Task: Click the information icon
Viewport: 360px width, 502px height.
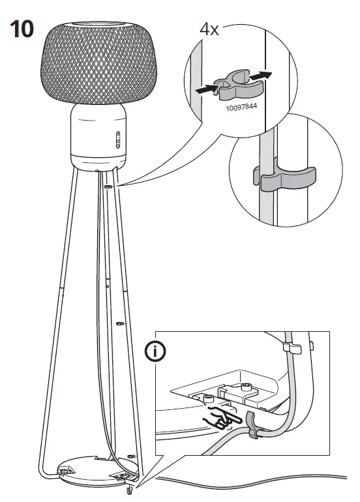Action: [x=155, y=351]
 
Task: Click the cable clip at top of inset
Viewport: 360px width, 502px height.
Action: [x=293, y=346]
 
